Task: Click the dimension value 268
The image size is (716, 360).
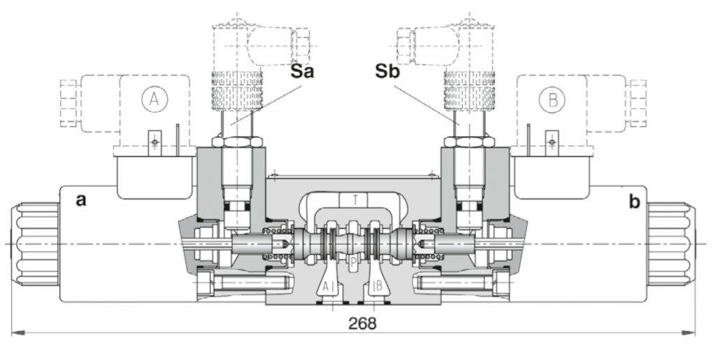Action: click(x=361, y=323)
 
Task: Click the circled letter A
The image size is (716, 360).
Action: click(x=154, y=99)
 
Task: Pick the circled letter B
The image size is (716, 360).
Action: click(x=552, y=99)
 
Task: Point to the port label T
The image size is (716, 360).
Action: click(x=357, y=200)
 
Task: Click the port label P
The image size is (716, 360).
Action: click(x=353, y=260)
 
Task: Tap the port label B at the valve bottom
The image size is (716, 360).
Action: click(x=377, y=285)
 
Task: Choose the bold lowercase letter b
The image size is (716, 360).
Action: click(x=634, y=202)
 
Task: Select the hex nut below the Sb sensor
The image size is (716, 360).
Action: click(x=468, y=142)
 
